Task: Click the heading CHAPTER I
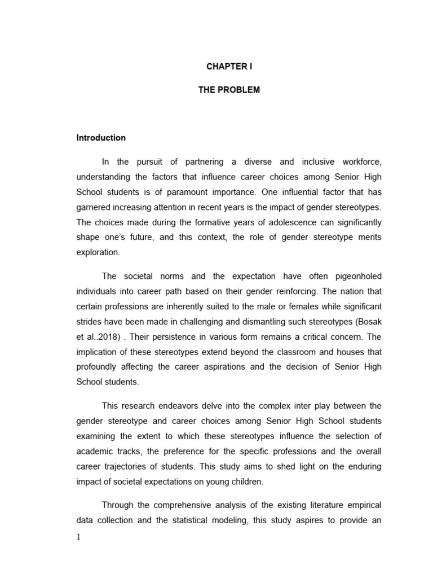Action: coord(228,66)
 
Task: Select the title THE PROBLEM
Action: coord(229,90)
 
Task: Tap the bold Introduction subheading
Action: coord(101,138)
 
